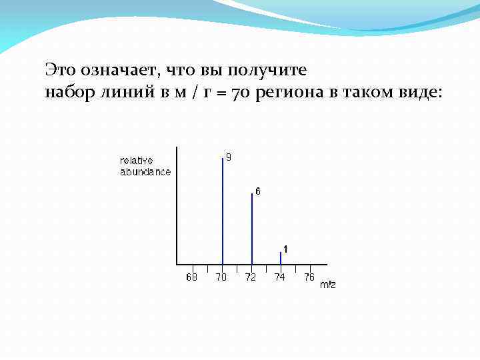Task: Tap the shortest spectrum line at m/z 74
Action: pyautogui.click(x=281, y=257)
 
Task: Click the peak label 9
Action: pyautogui.click(x=229, y=157)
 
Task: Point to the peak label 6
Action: pyautogui.click(x=258, y=191)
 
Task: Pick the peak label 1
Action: pyautogui.click(x=285, y=249)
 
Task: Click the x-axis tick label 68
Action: pyautogui.click(x=192, y=277)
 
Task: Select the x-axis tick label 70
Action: pyautogui.click(x=221, y=277)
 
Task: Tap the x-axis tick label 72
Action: pyautogui.click(x=251, y=277)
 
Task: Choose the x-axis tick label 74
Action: pyautogui.click(x=280, y=277)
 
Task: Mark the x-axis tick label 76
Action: pyautogui.click(x=309, y=277)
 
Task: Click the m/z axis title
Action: pyautogui.click(x=328, y=285)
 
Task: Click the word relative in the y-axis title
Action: pyautogui.click(x=137, y=161)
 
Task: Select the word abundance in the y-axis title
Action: pyautogui.click(x=145, y=171)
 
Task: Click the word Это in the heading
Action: pyautogui.click(x=60, y=69)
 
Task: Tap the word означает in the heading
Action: pyautogui.click(x=119, y=69)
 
